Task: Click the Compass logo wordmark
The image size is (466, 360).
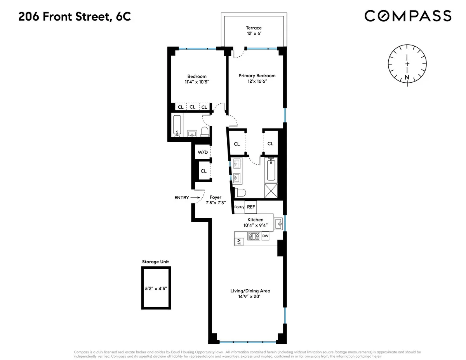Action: (408, 16)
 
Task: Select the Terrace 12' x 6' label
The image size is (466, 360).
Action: (254, 31)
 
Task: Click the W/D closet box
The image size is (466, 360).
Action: (202, 152)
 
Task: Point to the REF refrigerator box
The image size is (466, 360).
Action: (251, 207)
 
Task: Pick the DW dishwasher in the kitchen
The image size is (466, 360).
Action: (265, 236)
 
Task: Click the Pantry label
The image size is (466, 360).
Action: (239, 207)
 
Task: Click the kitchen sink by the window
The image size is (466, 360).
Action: (278, 224)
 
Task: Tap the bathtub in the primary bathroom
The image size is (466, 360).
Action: (271, 170)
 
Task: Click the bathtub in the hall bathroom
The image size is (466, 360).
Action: (177, 126)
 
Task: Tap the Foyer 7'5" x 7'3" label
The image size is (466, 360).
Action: (215, 200)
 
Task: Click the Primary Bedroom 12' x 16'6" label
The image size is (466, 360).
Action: (257, 78)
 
